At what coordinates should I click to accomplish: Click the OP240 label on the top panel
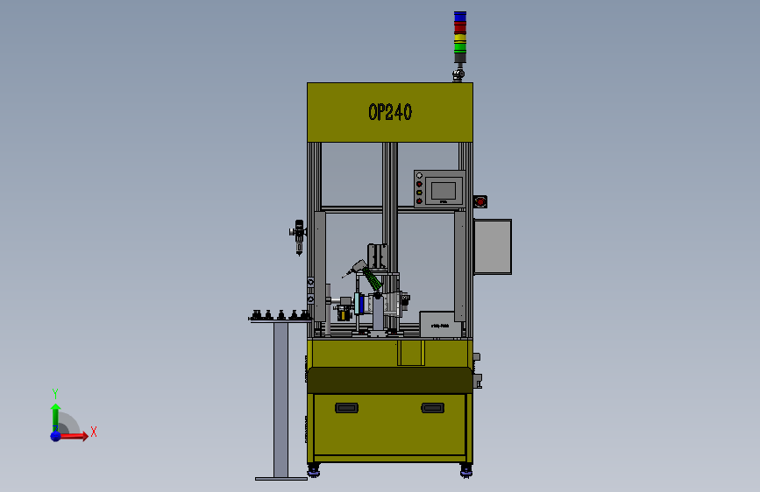(390, 112)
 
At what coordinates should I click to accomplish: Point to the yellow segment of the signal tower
(460, 37)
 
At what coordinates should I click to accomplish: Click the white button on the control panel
(420, 176)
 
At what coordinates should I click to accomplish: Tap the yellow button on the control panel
(420, 193)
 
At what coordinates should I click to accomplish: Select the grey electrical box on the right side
(493, 247)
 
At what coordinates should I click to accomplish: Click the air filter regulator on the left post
(299, 235)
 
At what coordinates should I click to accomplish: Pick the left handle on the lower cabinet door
(347, 407)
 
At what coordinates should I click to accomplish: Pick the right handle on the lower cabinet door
(432, 407)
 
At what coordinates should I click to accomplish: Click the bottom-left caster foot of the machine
(314, 472)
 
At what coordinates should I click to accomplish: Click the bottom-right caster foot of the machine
(465, 472)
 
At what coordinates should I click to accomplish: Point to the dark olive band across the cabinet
(390, 380)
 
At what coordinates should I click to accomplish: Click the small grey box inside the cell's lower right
(440, 323)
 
